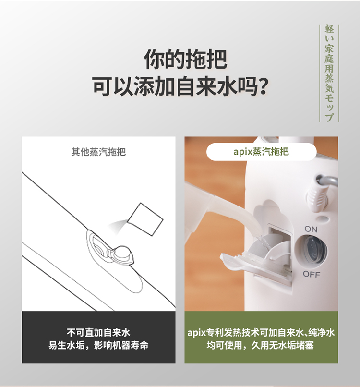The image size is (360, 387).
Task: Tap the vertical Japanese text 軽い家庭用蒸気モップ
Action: pos(329,73)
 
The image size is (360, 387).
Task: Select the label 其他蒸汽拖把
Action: pos(98,152)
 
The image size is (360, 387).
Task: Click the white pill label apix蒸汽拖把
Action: pos(261,152)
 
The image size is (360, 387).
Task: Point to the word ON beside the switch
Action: pos(311,229)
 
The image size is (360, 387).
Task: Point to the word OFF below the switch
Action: pos(311,274)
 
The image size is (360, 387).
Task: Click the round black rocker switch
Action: pos(314,251)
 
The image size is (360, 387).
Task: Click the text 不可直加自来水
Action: pos(98,332)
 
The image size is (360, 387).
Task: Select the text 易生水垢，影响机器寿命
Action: pos(98,345)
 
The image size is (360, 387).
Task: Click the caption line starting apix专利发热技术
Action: pos(261,332)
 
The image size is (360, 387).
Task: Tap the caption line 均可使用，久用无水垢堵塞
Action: pos(261,345)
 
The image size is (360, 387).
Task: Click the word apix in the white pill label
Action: pos(243,152)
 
